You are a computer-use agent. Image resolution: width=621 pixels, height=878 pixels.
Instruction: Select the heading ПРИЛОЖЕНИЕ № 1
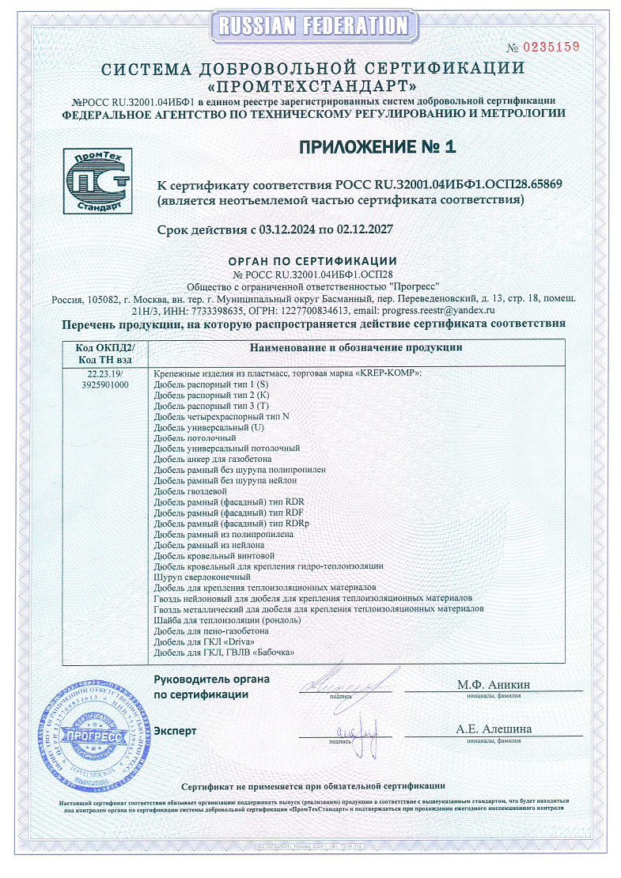[x=377, y=146]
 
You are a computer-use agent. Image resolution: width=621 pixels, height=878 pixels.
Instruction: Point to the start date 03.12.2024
[x=288, y=230]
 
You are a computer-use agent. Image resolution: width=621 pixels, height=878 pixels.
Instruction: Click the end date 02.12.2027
[x=364, y=230]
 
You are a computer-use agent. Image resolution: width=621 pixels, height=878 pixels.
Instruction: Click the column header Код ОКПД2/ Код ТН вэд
[x=105, y=354]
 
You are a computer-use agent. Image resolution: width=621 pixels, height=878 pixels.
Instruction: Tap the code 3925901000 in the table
[x=105, y=384]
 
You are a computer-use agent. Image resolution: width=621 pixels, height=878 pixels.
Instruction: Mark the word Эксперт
[x=175, y=731]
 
